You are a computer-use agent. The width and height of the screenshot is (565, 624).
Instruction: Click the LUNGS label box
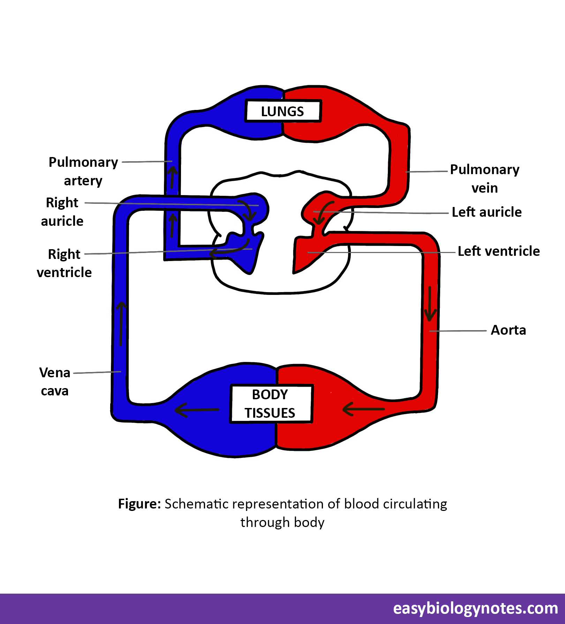(x=282, y=111)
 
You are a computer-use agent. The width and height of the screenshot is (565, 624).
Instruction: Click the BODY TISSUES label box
(x=270, y=404)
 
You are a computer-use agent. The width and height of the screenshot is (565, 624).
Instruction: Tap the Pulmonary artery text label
(x=83, y=171)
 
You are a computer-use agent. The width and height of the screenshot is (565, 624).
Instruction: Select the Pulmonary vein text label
(x=484, y=178)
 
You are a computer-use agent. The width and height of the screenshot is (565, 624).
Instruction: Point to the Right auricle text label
(x=62, y=211)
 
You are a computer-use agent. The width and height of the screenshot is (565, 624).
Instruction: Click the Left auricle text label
(x=487, y=212)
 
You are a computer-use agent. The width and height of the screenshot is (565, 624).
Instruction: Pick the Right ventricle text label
(x=64, y=263)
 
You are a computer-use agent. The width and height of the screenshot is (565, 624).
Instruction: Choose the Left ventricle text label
(x=498, y=251)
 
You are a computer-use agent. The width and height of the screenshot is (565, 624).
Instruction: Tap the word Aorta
(x=508, y=330)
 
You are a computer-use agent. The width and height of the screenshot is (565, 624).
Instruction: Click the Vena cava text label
(x=55, y=381)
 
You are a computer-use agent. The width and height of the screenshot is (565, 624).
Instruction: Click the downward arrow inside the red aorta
(x=430, y=304)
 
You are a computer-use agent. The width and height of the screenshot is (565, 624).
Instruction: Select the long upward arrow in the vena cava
(x=121, y=324)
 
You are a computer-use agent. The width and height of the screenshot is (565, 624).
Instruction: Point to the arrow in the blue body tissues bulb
(x=197, y=410)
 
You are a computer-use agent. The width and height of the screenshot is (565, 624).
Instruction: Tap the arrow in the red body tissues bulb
(x=363, y=409)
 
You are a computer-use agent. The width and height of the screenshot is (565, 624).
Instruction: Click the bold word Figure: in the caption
(x=139, y=504)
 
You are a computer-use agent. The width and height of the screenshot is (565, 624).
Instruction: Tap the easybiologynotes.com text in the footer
(x=475, y=608)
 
